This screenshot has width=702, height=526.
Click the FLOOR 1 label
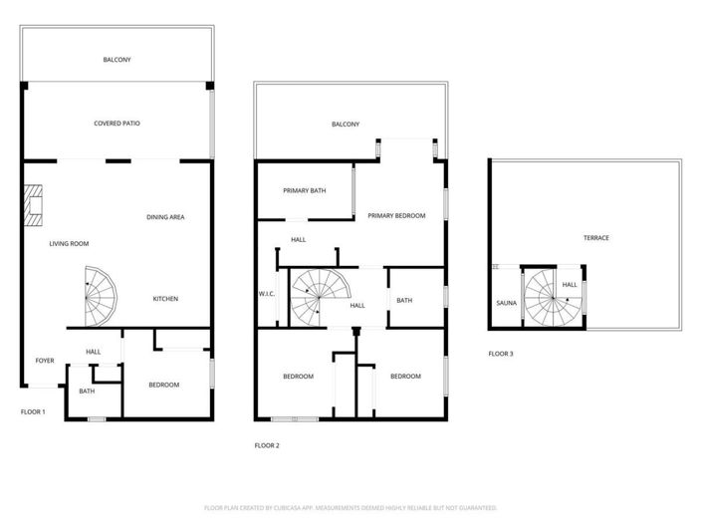coord(33,411)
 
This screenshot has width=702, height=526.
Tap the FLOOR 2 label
coord(267,445)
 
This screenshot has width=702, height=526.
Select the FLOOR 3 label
coord(501,354)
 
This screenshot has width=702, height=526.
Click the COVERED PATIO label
coord(117,124)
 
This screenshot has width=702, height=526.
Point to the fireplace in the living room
coord(35,202)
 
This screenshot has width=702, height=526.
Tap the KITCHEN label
coord(165,299)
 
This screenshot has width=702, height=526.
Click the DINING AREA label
coord(165,217)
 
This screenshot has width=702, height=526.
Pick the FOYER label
coord(45,361)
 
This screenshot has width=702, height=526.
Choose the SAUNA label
coord(506,303)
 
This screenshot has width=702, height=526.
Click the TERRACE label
coord(596,237)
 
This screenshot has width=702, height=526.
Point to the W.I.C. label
coord(267,294)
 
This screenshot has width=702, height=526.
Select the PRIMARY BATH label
coord(304,190)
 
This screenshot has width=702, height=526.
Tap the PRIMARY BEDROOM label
coord(396,215)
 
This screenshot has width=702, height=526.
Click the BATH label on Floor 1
coord(87,391)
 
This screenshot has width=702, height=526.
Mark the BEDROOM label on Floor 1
coord(164,385)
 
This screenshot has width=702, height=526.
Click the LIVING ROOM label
coord(70,243)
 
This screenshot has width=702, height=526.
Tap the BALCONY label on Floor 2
coord(346,125)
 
